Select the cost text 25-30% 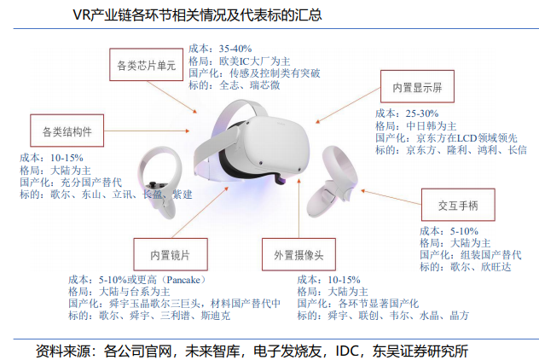423,113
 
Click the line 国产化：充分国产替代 70,182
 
